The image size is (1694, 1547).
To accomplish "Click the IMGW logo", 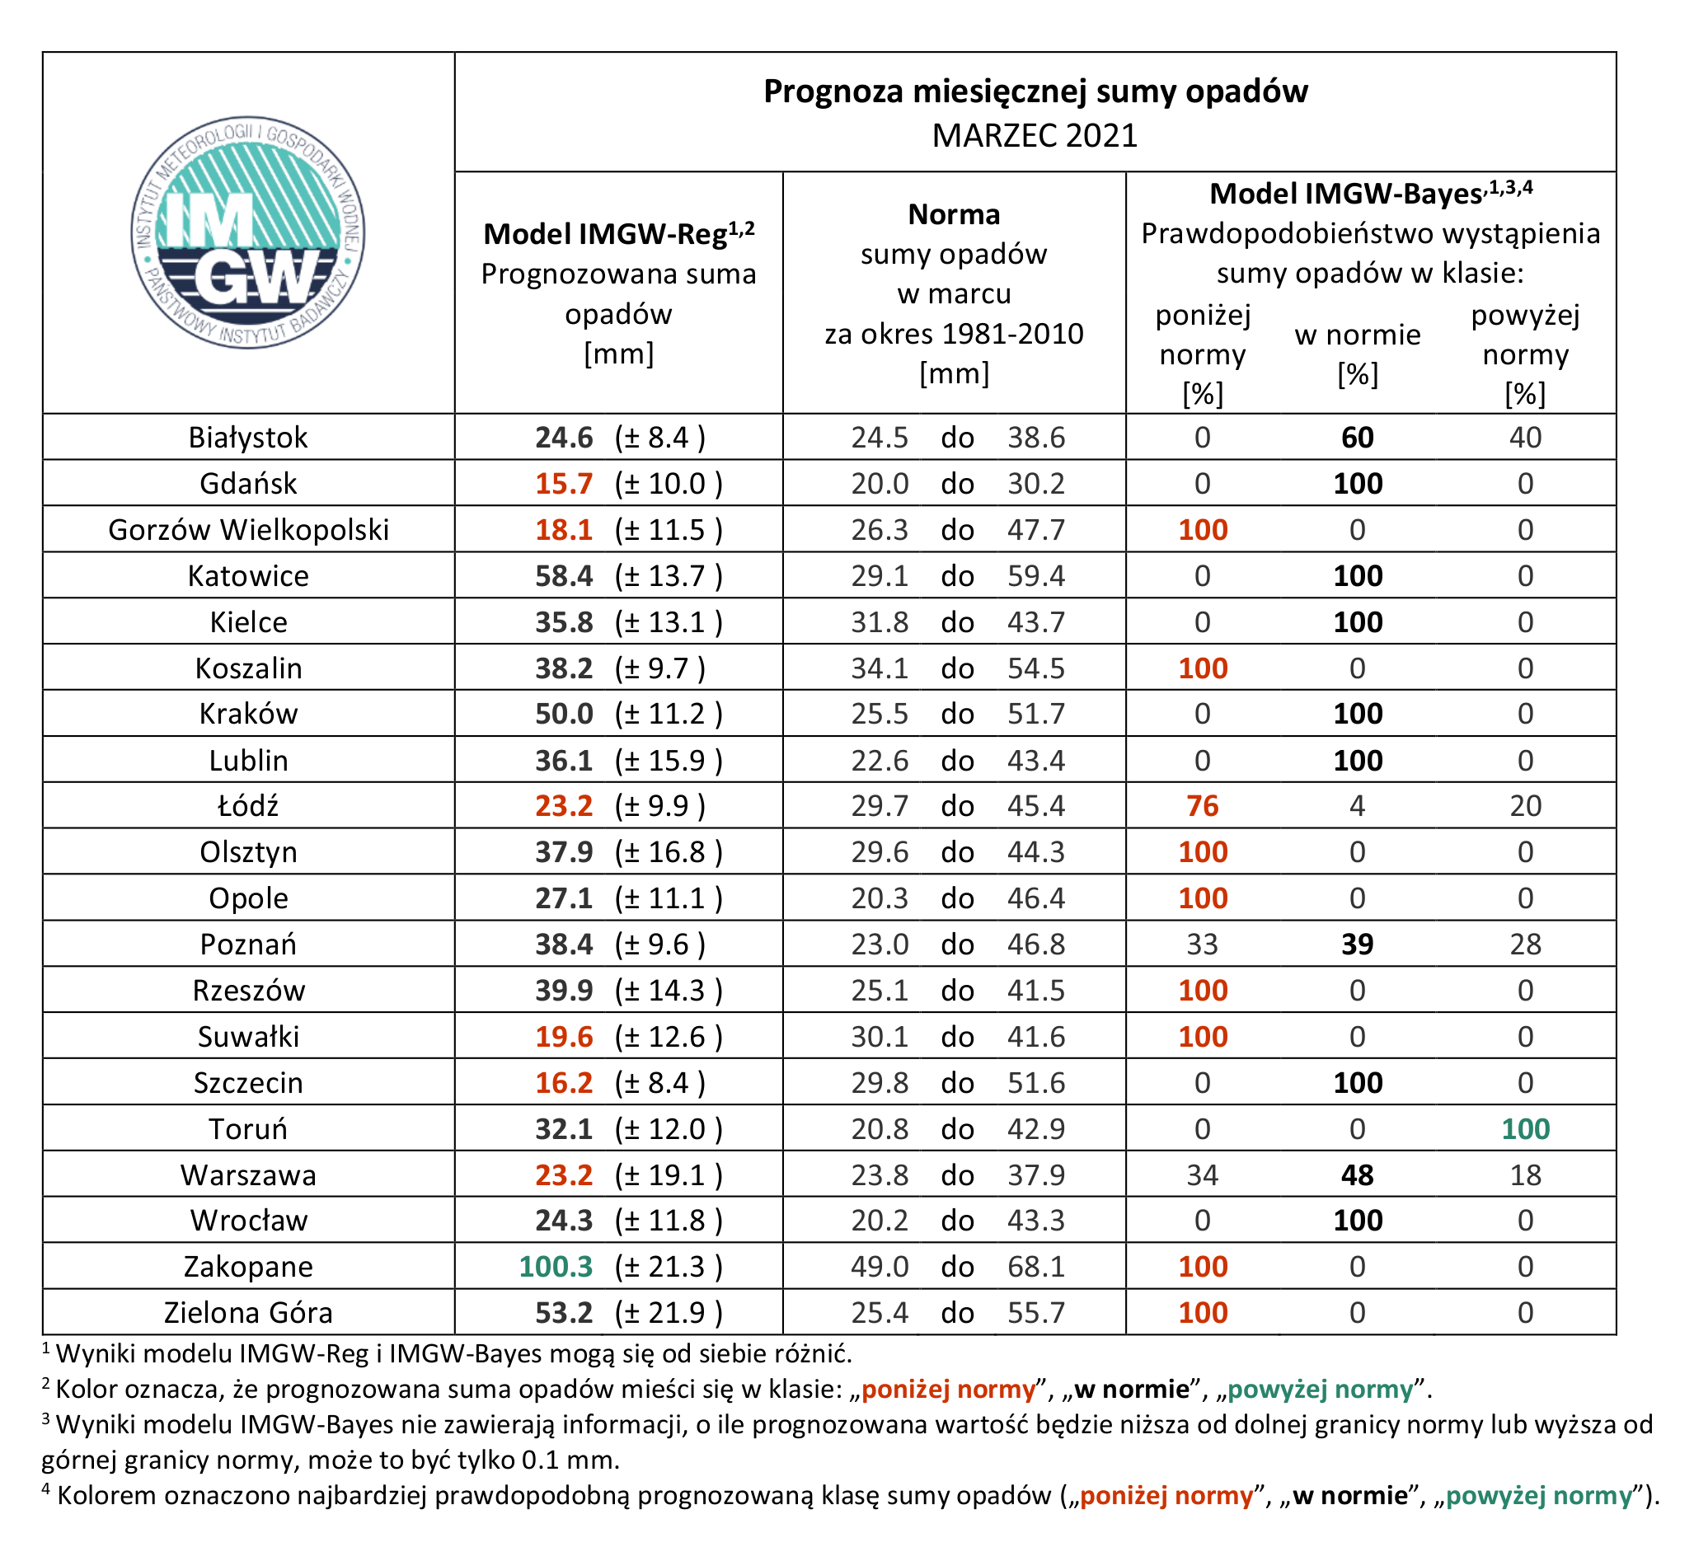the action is click(x=248, y=232).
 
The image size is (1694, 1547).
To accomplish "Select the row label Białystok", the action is click(x=248, y=438).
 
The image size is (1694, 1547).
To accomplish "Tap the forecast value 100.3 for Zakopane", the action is click(x=556, y=1266).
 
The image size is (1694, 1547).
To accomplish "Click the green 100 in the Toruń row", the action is click(x=1525, y=1128).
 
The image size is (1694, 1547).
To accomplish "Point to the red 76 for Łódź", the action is click(x=1203, y=806).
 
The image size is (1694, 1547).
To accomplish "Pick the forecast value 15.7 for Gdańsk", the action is click(x=564, y=483).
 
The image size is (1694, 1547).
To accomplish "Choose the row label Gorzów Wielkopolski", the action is click(x=249, y=530).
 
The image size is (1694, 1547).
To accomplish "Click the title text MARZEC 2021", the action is click(x=1035, y=135).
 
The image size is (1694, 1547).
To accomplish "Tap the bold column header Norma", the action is click(x=954, y=214).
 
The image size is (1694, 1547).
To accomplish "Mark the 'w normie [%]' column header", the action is click(x=1357, y=354).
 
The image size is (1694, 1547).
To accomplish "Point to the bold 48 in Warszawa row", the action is click(x=1357, y=1174).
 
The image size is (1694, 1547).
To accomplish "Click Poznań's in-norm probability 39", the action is click(x=1357, y=945).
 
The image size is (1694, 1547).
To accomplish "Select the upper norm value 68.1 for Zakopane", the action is click(x=1036, y=1266).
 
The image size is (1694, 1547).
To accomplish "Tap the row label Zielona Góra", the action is click(x=249, y=1313).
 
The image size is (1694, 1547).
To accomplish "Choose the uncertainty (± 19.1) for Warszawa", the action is click(x=669, y=1174).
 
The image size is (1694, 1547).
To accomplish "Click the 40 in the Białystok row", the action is click(x=1525, y=438).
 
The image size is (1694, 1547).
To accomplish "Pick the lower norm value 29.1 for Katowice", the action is click(x=880, y=575).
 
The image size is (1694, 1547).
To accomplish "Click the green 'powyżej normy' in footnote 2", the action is click(x=1320, y=1389).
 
